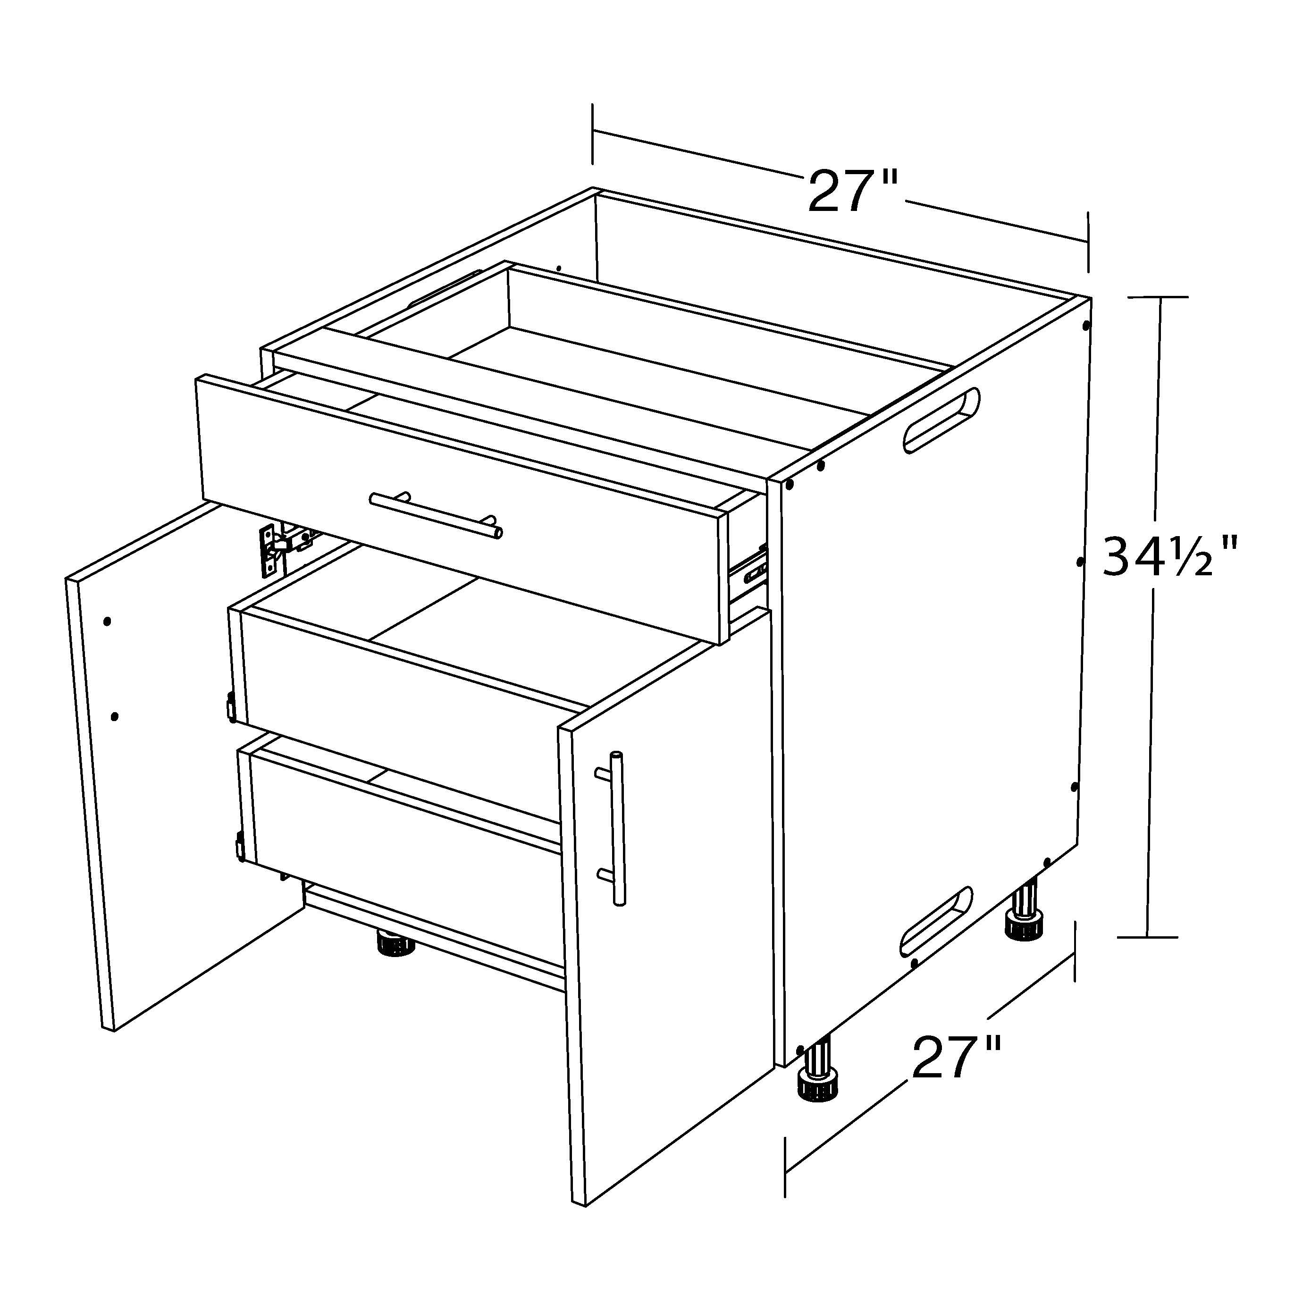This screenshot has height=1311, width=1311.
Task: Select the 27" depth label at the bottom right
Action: pyautogui.click(x=956, y=1058)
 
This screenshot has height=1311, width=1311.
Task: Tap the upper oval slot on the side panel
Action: pyautogui.click(x=941, y=420)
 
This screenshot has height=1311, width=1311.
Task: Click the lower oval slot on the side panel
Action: pyautogui.click(x=936, y=921)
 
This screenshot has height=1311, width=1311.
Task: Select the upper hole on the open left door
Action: pyautogui.click(x=107, y=621)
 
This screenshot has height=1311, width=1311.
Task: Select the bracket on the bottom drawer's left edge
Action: pyautogui.click(x=240, y=848)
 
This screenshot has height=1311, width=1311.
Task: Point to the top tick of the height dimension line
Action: pyautogui.click(x=1158, y=297)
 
